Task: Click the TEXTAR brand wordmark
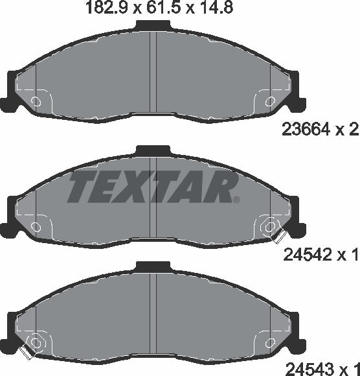[x=150, y=187]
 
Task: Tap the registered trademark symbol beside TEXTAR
[x=236, y=198]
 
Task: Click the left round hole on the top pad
[x=36, y=101]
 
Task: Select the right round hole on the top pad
[x=269, y=101]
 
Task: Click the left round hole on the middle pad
[x=36, y=226]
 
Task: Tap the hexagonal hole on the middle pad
[x=269, y=226]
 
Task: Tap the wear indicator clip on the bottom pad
[x=27, y=353]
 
